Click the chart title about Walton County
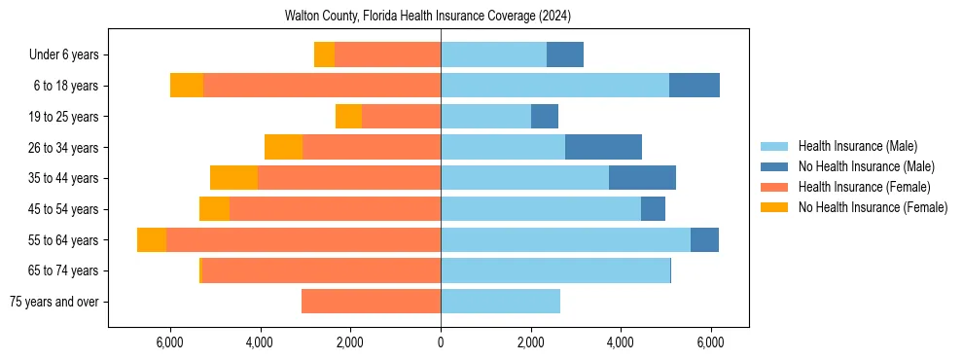428,17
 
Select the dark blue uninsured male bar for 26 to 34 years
603,147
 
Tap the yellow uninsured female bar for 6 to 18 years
187,86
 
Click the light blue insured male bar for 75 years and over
500,302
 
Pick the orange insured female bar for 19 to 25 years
401,117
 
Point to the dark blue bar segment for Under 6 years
565,54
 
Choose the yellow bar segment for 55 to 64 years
152,239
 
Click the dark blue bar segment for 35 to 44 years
642,178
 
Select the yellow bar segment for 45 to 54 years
214,209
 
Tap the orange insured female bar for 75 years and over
371,302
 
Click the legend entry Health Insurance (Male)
857,146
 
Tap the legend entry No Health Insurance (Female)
873,207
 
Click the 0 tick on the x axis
441,342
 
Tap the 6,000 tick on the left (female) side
170,342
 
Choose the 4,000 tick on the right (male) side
621,342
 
